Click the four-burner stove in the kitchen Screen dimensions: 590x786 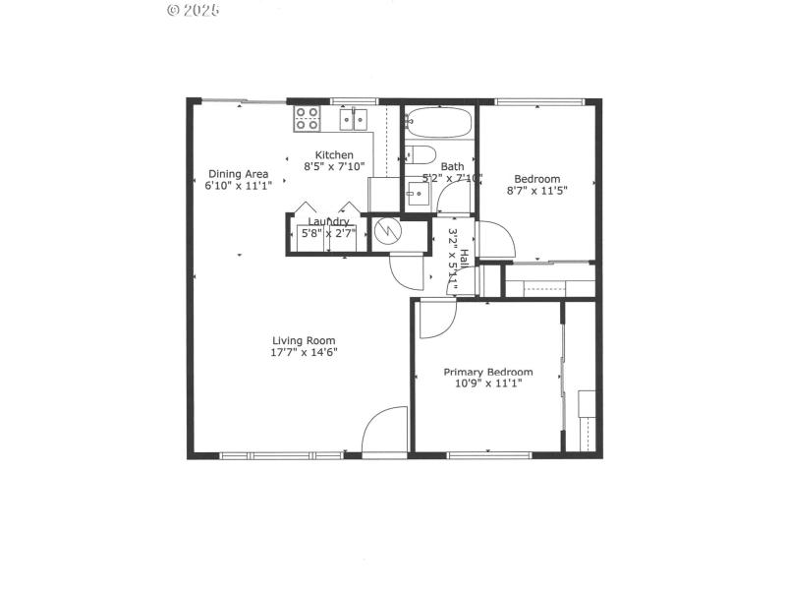(308, 119)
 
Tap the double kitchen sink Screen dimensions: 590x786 (354, 119)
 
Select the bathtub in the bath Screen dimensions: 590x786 (438, 122)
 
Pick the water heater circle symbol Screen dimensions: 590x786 (388, 232)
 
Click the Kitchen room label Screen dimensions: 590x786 (334, 155)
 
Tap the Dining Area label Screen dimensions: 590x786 (238, 174)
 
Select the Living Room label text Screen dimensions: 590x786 (305, 340)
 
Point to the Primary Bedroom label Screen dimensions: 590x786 (488, 372)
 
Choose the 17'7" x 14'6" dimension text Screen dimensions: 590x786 (305, 352)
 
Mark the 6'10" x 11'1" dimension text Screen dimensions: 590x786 (238, 186)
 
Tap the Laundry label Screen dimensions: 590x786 (328, 222)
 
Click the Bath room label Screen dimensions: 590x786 (452, 166)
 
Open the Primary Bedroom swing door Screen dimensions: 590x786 (436, 318)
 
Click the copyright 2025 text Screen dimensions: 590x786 (194, 10)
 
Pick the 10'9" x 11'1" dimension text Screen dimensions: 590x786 (488, 383)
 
